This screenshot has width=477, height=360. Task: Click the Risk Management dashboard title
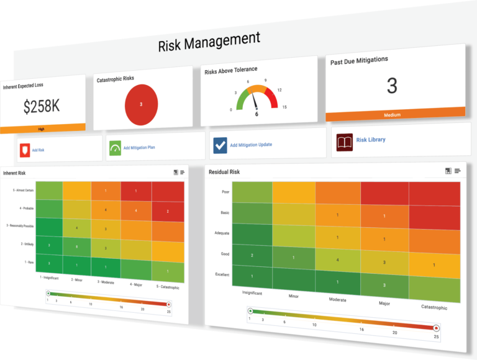(x=209, y=42)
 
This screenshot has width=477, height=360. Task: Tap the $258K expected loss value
(x=42, y=106)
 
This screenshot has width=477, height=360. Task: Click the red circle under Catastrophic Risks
(x=141, y=104)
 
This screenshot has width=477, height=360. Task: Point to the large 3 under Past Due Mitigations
(x=391, y=86)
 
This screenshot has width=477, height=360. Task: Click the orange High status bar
(x=42, y=128)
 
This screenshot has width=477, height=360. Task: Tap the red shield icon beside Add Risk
(x=25, y=150)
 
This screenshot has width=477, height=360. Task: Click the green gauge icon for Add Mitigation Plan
(x=115, y=148)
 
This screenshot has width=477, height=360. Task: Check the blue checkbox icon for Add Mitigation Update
(x=220, y=145)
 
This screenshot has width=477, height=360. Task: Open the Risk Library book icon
(x=345, y=141)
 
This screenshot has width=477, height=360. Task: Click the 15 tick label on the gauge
(x=284, y=107)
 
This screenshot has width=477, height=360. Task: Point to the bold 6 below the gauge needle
(x=257, y=114)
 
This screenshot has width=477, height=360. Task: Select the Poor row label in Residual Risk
(x=225, y=192)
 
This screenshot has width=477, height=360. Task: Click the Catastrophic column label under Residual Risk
(x=434, y=307)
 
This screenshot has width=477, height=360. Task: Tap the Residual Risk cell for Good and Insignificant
(x=252, y=255)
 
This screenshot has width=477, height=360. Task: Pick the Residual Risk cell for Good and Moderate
(x=337, y=260)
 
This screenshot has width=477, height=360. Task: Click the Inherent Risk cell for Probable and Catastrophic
(x=168, y=211)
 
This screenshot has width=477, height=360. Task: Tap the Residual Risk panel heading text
(x=225, y=172)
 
